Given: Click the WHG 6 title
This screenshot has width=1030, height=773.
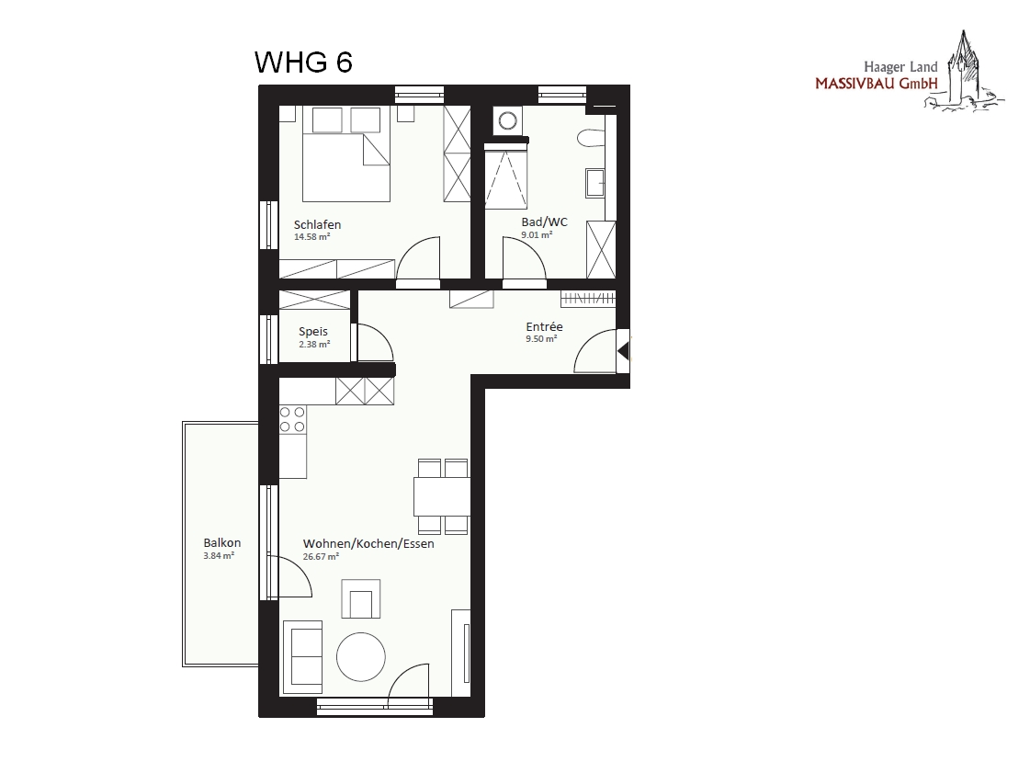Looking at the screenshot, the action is click(x=303, y=63).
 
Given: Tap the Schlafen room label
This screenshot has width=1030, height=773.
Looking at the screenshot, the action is click(x=317, y=224).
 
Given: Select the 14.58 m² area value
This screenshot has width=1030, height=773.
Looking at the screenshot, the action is click(x=312, y=236).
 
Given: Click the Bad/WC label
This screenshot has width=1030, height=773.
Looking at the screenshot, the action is click(x=544, y=222).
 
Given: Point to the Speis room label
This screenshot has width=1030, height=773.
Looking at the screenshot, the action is click(x=313, y=332).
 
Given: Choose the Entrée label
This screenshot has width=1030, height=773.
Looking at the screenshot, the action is click(x=545, y=326).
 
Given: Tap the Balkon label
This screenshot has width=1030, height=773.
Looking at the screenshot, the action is click(x=222, y=543).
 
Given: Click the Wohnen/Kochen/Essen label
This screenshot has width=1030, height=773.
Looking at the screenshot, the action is click(x=368, y=544).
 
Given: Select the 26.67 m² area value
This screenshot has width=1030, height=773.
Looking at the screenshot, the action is click(x=322, y=556).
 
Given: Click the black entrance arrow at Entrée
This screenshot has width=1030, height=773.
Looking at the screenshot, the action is click(x=623, y=351).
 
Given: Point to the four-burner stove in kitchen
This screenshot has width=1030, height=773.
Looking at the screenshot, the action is click(x=292, y=419).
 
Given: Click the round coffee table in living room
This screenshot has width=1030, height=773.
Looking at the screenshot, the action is click(x=360, y=656).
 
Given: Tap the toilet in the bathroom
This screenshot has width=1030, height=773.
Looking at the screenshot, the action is click(x=591, y=138).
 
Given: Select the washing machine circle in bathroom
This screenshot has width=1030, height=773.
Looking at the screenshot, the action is click(x=507, y=121).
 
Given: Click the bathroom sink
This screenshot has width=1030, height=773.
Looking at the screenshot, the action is click(x=595, y=183).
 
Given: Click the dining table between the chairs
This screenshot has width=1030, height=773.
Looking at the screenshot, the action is click(x=441, y=496).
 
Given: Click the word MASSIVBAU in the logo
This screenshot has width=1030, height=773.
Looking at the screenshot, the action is click(x=855, y=85).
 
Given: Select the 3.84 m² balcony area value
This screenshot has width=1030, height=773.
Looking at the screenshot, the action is click(x=219, y=555).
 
